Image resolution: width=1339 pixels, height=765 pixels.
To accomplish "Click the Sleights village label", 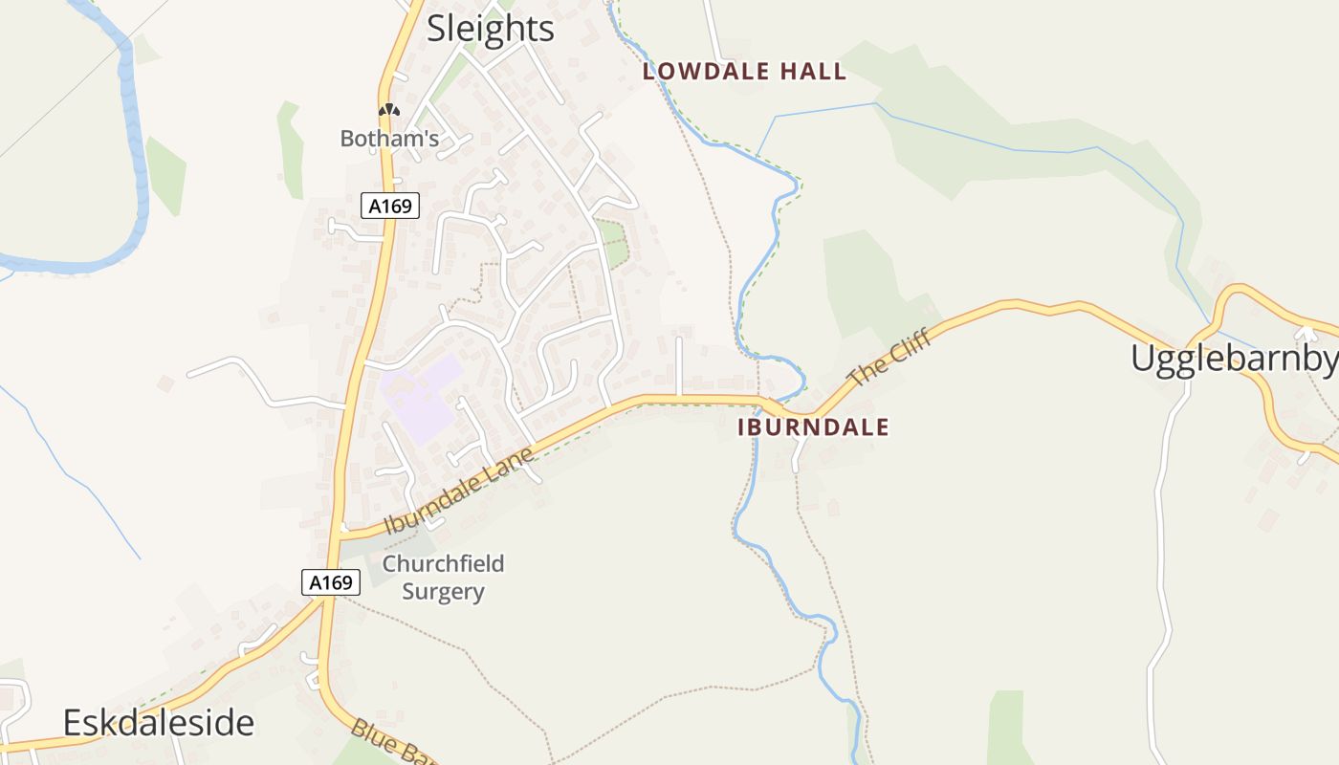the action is pos(490,29).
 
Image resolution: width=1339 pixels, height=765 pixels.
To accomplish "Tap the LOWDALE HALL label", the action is pos(744,72).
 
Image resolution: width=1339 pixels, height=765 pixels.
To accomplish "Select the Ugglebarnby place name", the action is pos(1234,359).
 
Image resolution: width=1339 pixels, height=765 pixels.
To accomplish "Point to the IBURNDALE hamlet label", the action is pos(813,427).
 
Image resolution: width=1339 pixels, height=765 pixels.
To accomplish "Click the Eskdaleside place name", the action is pos(159,723).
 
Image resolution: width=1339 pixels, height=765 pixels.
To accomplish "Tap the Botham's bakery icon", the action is pos(388,111).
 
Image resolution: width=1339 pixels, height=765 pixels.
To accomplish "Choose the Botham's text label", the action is pos(389,139).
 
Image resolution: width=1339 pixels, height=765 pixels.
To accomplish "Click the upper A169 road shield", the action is pos(390,205).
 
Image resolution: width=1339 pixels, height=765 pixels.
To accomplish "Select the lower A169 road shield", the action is pos(331,581).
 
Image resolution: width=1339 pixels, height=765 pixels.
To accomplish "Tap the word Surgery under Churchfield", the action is pos(443,592).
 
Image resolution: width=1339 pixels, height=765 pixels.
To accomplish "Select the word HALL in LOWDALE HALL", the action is pos(813,72).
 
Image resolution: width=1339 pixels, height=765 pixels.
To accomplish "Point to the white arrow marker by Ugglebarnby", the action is pos(1306,333).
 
